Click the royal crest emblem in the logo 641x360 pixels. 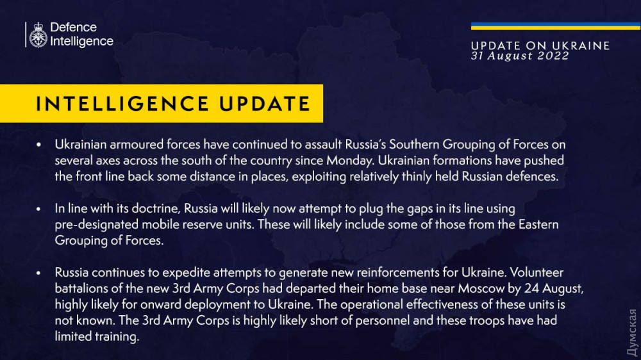coord(38,35)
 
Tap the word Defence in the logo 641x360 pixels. coord(73,28)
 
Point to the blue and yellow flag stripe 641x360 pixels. coord(556,26)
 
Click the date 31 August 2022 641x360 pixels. coord(520,56)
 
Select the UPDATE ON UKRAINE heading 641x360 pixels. coord(540,45)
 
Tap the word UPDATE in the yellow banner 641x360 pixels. coord(265,104)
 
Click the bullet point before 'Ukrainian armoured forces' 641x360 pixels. coord(39,145)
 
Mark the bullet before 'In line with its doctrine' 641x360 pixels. coord(39,209)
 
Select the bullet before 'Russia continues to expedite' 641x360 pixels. coord(39,272)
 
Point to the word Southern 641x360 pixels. coord(414,144)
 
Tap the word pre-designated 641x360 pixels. coord(97,225)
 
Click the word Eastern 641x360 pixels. coord(538,224)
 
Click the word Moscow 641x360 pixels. coord(481,288)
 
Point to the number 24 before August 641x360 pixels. coord(531,288)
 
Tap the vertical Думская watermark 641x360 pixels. coord(632,332)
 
